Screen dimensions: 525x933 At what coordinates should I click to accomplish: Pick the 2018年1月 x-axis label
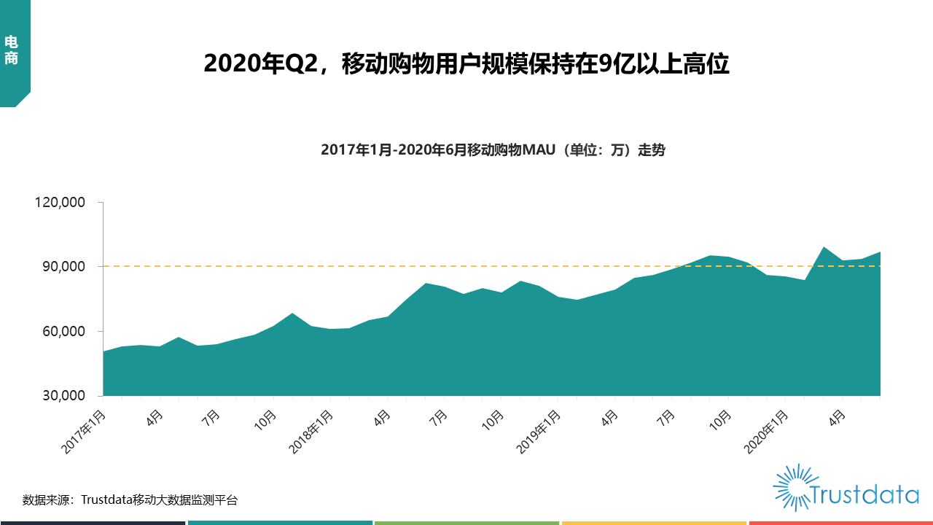[312, 432]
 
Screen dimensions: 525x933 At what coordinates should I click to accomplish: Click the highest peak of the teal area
[824, 247]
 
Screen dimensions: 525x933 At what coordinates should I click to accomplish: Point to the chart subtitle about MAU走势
[493, 151]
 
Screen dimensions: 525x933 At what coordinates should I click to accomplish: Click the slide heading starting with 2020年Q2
[466, 64]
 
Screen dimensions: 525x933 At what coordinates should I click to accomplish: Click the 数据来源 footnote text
[130, 500]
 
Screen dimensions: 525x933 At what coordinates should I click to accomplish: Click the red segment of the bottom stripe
[840, 522]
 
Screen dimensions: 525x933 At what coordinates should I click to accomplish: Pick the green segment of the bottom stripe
[466, 522]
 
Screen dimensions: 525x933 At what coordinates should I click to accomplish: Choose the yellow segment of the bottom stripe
[654, 522]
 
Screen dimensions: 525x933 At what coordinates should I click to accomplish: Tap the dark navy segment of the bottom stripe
[93, 522]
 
